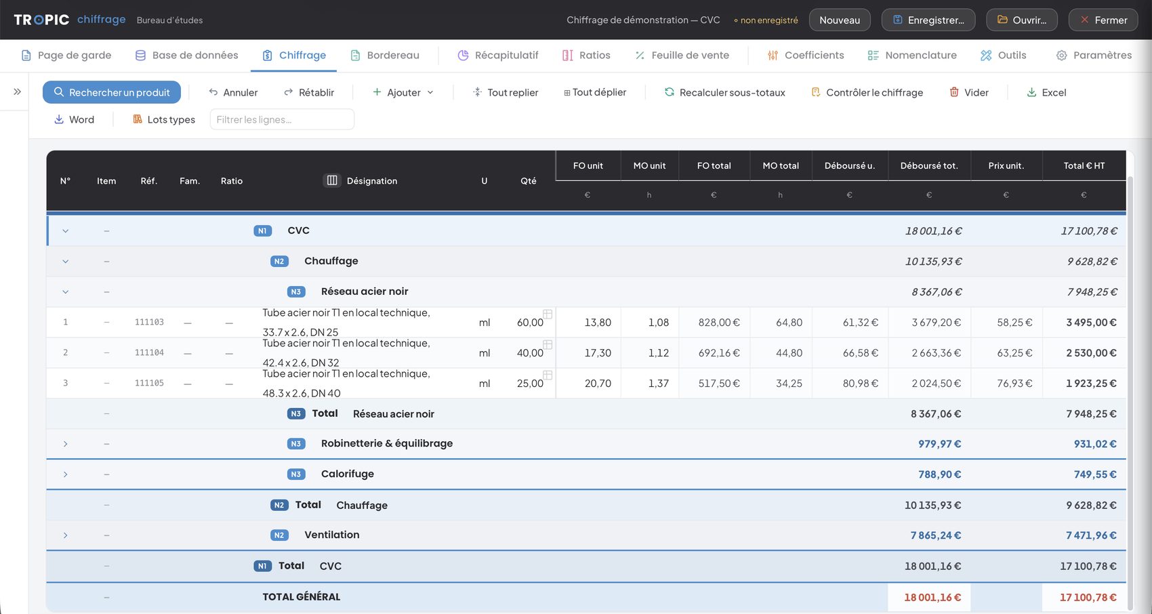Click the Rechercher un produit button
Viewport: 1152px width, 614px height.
(x=112, y=92)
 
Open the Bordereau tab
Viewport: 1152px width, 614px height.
(x=385, y=55)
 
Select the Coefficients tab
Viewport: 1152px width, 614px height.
(x=805, y=55)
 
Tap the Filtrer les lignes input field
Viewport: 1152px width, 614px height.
(x=282, y=119)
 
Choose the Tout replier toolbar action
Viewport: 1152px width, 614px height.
(x=505, y=92)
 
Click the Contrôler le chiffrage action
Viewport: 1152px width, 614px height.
(x=867, y=92)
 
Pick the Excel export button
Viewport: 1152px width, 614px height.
(x=1046, y=92)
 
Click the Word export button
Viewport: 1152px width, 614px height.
(x=74, y=119)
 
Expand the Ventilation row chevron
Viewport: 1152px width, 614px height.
(x=65, y=535)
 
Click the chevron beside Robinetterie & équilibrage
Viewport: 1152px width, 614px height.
(x=65, y=444)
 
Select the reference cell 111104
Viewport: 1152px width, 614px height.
(x=149, y=353)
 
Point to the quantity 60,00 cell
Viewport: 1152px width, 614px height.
(x=530, y=323)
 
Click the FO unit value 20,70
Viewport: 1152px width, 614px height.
(x=598, y=383)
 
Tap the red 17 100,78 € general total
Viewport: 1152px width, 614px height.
(x=1088, y=597)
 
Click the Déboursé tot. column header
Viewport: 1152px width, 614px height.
(x=929, y=165)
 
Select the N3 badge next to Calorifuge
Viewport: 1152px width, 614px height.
(x=295, y=474)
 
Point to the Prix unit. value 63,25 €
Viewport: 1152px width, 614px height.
(x=1014, y=353)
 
